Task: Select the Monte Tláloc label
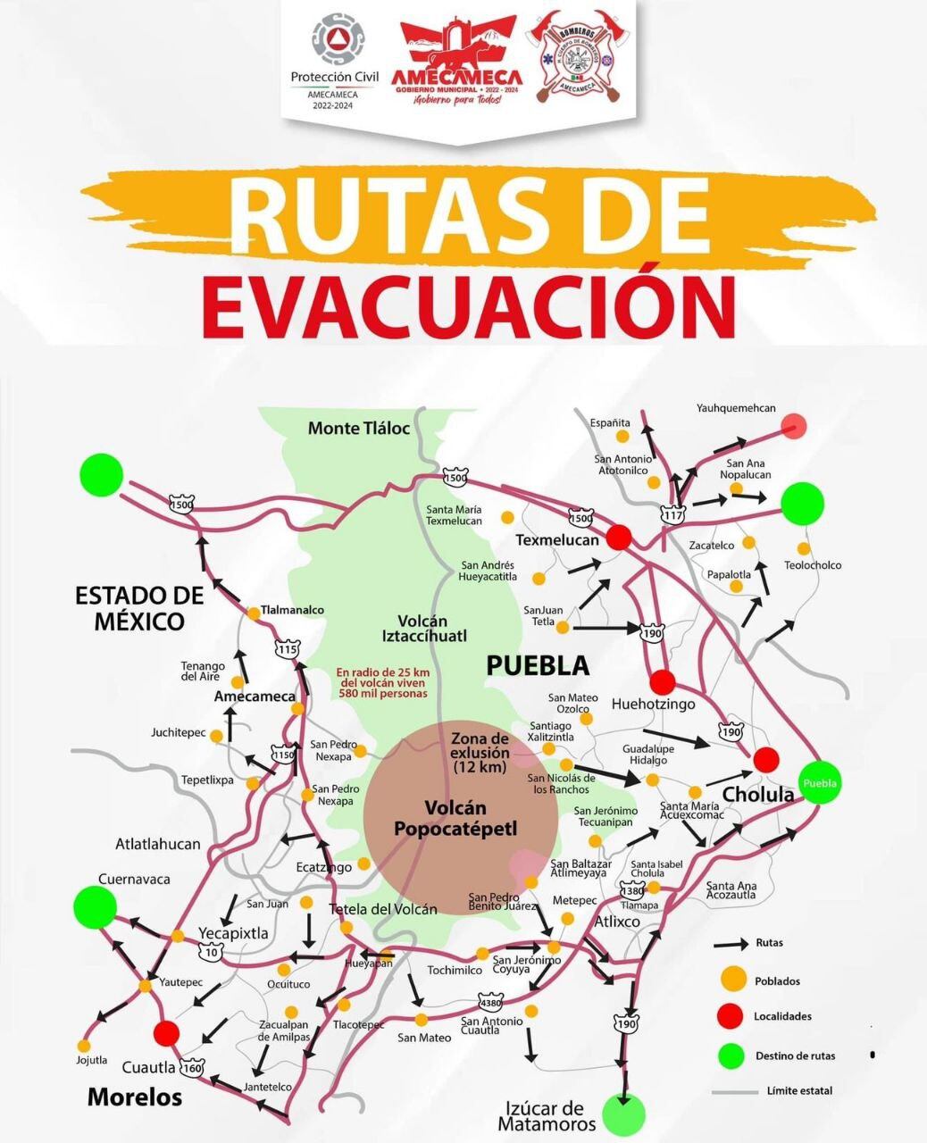coord(358,429)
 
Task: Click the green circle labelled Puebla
coord(820,783)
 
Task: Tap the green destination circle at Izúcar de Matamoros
coord(622,1114)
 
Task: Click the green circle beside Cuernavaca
coord(95,907)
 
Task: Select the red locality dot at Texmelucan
coord(619,538)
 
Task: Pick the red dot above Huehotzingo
coord(662,682)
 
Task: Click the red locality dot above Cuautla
coord(166,1033)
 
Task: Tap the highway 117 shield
coord(672,514)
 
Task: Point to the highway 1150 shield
coord(284,755)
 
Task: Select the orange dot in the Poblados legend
coord(732,980)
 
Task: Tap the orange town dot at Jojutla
coord(85,1045)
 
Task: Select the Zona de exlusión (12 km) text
coord(480,753)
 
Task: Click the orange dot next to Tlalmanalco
coord(254,613)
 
